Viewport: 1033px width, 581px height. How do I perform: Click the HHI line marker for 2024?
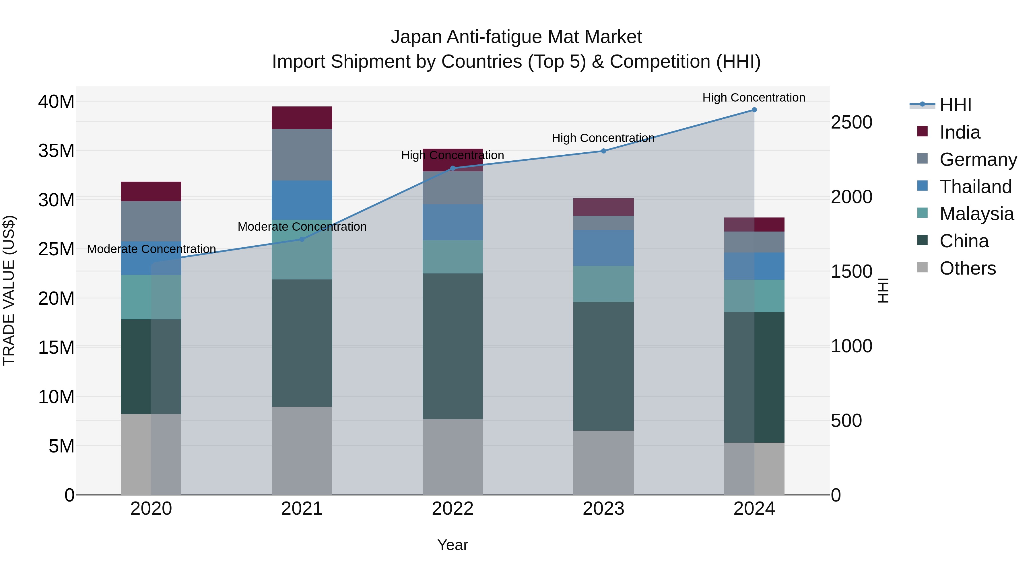coord(754,110)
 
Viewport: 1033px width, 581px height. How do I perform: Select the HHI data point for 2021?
coord(302,239)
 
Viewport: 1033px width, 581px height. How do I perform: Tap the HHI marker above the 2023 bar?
coord(603,151)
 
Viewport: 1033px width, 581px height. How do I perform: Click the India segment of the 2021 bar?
coord(302,118)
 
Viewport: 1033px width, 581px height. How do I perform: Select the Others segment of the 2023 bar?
coord(603,463)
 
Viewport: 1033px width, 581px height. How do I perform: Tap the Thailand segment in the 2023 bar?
coord(603,248)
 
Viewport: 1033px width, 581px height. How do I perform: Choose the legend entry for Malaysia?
coord(976,214)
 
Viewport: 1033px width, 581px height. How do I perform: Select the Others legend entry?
coord(967,268)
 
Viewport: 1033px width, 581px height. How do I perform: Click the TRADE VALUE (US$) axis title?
coord(9,291)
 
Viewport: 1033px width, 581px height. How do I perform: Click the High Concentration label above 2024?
coord(754,98)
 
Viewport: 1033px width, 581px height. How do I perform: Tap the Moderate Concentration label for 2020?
coord(151,249)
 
